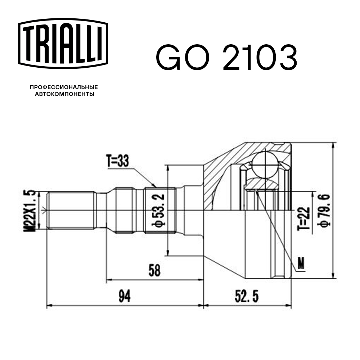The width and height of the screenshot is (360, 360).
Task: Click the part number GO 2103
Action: pos(226,58)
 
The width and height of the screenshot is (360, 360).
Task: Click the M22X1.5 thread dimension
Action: pos(32,210)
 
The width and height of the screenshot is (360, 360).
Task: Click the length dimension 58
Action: pos(154,270)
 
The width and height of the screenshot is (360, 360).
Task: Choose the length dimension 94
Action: pos(125,297)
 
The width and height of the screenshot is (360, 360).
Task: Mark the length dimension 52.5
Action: pos(247,297)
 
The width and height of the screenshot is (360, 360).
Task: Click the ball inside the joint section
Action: pos(265,163)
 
